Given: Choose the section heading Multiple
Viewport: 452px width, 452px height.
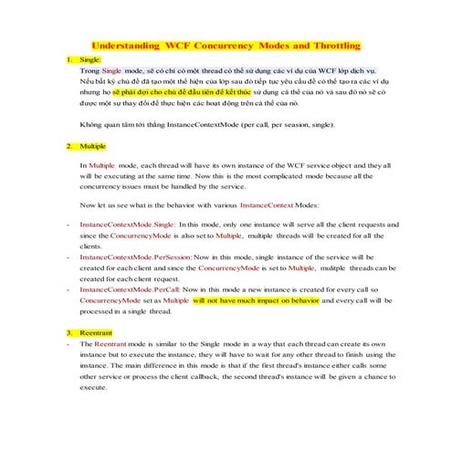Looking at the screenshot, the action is pos(94,146).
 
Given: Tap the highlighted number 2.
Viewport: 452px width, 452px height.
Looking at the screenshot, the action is pos(69,146).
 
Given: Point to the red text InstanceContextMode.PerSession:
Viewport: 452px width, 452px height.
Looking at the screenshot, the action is pos(135,258).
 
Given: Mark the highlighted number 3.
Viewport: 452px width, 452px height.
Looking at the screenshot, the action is pos(69,332).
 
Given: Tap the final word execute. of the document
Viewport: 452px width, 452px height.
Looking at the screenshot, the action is pos(95,388).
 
